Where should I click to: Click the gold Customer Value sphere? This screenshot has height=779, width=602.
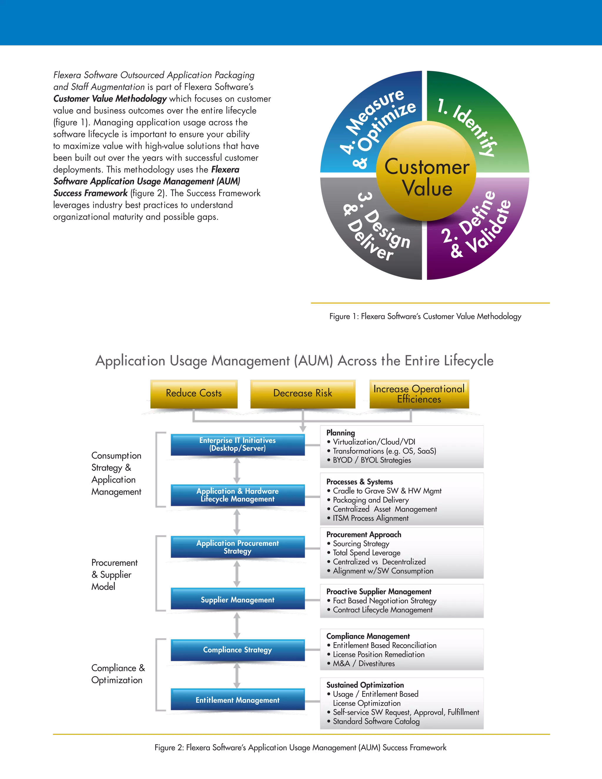426,171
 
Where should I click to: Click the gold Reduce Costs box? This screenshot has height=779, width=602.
194,393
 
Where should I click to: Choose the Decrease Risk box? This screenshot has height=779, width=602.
302,393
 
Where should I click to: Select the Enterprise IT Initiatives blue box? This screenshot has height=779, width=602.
238,444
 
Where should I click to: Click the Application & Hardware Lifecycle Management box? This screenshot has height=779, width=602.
238,495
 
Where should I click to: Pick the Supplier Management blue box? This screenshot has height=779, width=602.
238,600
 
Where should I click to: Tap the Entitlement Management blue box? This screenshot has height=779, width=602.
238,700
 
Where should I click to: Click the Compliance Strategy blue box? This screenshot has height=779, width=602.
238,650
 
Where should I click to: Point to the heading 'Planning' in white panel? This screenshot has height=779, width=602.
341,433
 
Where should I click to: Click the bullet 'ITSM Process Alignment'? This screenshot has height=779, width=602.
371,518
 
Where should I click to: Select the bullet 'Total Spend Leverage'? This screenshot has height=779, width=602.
366,553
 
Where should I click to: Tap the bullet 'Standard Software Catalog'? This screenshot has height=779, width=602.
376,721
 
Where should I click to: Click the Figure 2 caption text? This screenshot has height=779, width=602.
300,747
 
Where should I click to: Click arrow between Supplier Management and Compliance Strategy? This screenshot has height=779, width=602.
237,625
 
